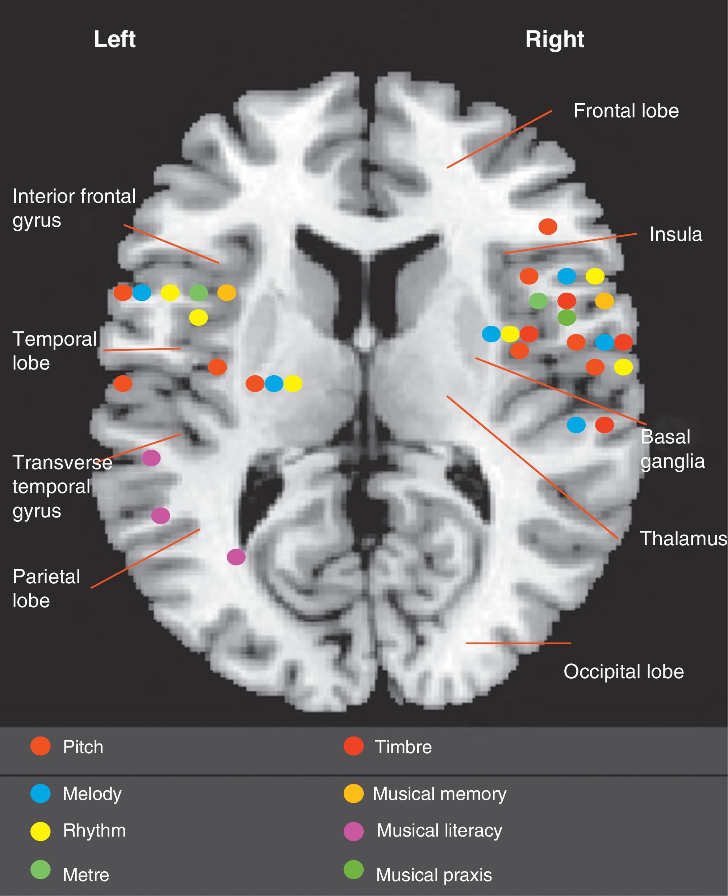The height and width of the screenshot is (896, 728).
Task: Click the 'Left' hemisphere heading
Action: click(x=114, y=39)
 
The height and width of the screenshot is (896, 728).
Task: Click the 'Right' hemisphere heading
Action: click(x=555, y=39)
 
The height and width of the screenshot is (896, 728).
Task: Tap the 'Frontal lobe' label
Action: click(x=626, y=111)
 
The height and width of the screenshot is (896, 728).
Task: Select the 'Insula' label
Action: click(x=675, y=234)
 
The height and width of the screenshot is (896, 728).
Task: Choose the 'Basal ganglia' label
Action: click(x=672, y=449)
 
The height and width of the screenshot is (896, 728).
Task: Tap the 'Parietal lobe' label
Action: click(x=46, y=588)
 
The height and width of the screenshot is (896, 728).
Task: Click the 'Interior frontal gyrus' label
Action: click(x=74, y=208)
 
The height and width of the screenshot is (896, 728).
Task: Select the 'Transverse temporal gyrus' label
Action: click(x=62, y=486)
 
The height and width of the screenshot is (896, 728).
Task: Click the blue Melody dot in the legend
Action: click(x=41, y=793)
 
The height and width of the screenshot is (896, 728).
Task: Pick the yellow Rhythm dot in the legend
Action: click(x=41, y=831)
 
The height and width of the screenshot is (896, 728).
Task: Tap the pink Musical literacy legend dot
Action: click(x=353, y=831)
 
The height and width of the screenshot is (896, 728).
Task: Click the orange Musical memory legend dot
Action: click(x=353, y=793)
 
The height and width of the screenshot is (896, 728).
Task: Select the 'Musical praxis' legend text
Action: click(x=434, y=875)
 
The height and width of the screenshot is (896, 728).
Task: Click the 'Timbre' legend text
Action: click(x=403, y=747)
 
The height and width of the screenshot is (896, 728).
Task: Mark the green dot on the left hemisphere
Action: click(x=198, y=292)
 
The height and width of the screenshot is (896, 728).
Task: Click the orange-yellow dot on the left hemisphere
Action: click(x=227, y=292)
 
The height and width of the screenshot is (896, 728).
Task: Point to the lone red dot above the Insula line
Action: click(x=548, y=226)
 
